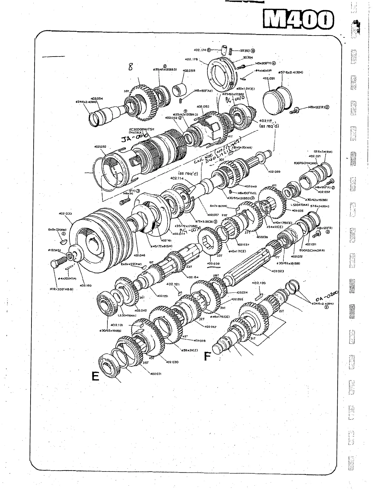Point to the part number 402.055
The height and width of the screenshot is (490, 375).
tap(189, 71)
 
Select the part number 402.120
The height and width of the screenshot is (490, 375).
tap(259, 283)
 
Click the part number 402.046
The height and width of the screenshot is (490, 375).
tap(140, 256)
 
